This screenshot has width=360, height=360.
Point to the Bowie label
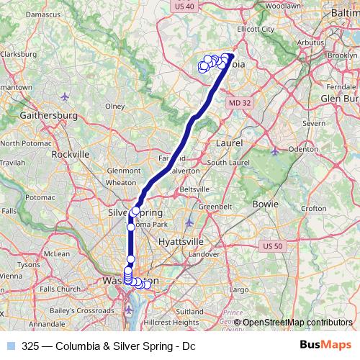[x=266, y=204]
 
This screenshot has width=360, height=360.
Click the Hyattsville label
[x=181, y=240]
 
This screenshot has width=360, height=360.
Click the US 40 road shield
[x=185, y=6]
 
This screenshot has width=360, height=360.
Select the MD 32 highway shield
[x=240, y=104]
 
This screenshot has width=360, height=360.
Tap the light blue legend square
[x=11, y=346]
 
